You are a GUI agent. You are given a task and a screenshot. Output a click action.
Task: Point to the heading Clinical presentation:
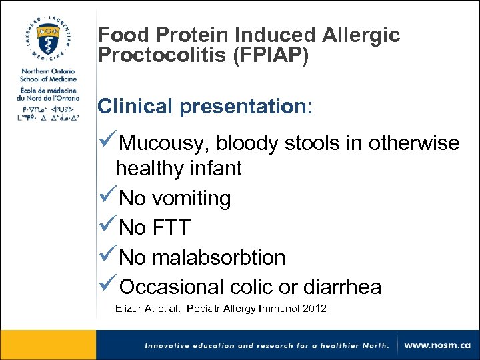205,107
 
